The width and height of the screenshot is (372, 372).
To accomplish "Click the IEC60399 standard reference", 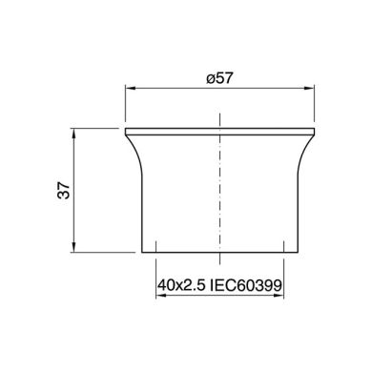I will pyautogui.click(x=252, y=285).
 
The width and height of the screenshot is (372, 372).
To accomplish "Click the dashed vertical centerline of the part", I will pyautogui.click(x=220, y=191).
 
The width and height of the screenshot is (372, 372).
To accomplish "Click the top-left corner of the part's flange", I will pyautogui.click(x=126, y=128).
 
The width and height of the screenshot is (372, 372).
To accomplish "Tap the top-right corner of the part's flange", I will pyautogui.click(x=316, y=128).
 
